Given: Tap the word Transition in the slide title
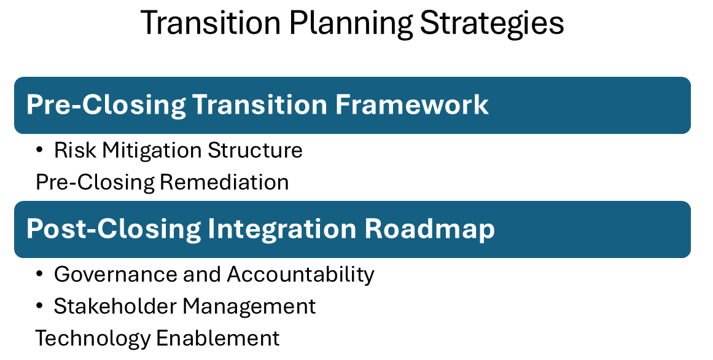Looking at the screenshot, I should coord(211,23).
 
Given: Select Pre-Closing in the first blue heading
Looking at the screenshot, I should coord(106,105).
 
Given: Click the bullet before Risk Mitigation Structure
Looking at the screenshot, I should coord(40,151).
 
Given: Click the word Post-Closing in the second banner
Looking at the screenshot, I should coord(114,229).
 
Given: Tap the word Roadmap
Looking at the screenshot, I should coord(430,229).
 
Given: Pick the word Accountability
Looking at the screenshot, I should coord(301,275).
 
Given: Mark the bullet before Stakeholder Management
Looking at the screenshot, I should coord(40,307).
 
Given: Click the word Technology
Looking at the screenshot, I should coord(92,338).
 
